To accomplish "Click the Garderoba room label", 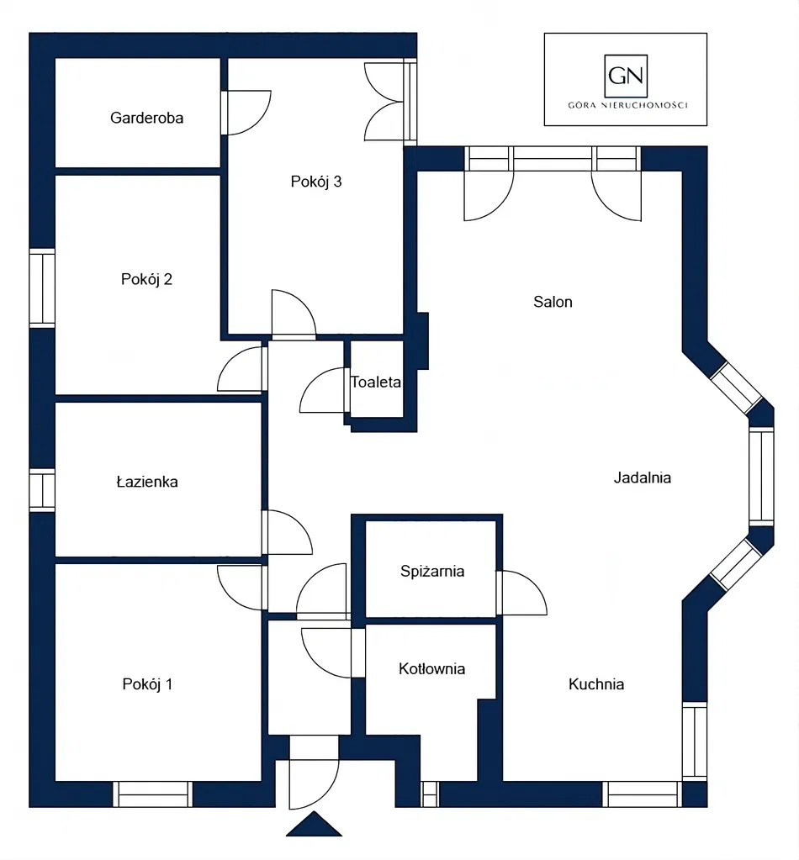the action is (x=146, y=118).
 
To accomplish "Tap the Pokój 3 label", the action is (x=316, y=182).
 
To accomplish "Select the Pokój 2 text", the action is (x=146, y=279).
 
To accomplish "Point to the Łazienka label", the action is (x=147, y=482).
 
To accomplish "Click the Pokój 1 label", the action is (x=147, y=684).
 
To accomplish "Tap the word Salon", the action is (x=553, y=302).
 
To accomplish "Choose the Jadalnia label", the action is (x=642, y=477).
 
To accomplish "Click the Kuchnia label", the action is (x=596, y=684).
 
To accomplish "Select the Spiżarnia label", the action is (x=432, y=572).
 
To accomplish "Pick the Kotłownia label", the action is (x=431, y=668).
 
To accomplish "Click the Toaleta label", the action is (x=376, y=382).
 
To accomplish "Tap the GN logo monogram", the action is (x=626, y=76).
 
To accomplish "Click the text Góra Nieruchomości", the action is (x=627, y=105).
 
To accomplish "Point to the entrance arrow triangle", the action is (x=314, y=825).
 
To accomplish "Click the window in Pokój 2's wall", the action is (x=42, y=288).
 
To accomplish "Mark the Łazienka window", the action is (x=42, y=490).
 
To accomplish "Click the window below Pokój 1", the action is (x=153, y=794).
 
